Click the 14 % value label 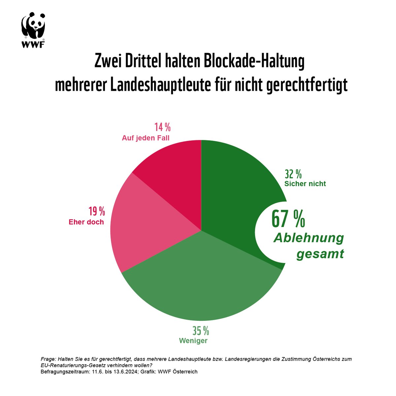pos(162,127)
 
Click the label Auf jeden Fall pos(146,138)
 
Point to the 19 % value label pos(96,211)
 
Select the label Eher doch pos(86,222)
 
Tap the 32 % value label pos(293,174)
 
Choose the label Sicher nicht pos(305,184)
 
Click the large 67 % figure pos(288,219)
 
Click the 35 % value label pos(201,330)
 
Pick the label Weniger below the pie pos(193,341)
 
